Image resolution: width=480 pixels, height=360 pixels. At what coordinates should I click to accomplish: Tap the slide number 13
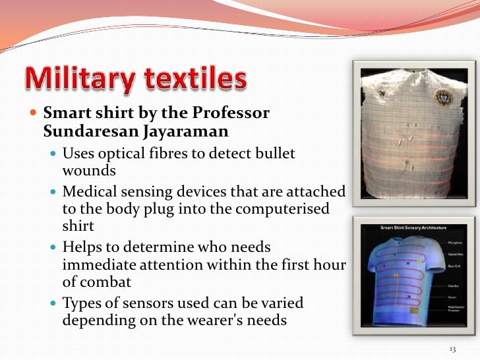[x=452, y=348]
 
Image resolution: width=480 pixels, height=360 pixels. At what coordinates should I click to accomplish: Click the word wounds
[x=89, y=170]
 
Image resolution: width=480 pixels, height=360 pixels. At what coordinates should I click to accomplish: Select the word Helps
[x=82, y=248]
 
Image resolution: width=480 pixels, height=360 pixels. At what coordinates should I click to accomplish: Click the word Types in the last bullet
[x=82, y=303]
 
